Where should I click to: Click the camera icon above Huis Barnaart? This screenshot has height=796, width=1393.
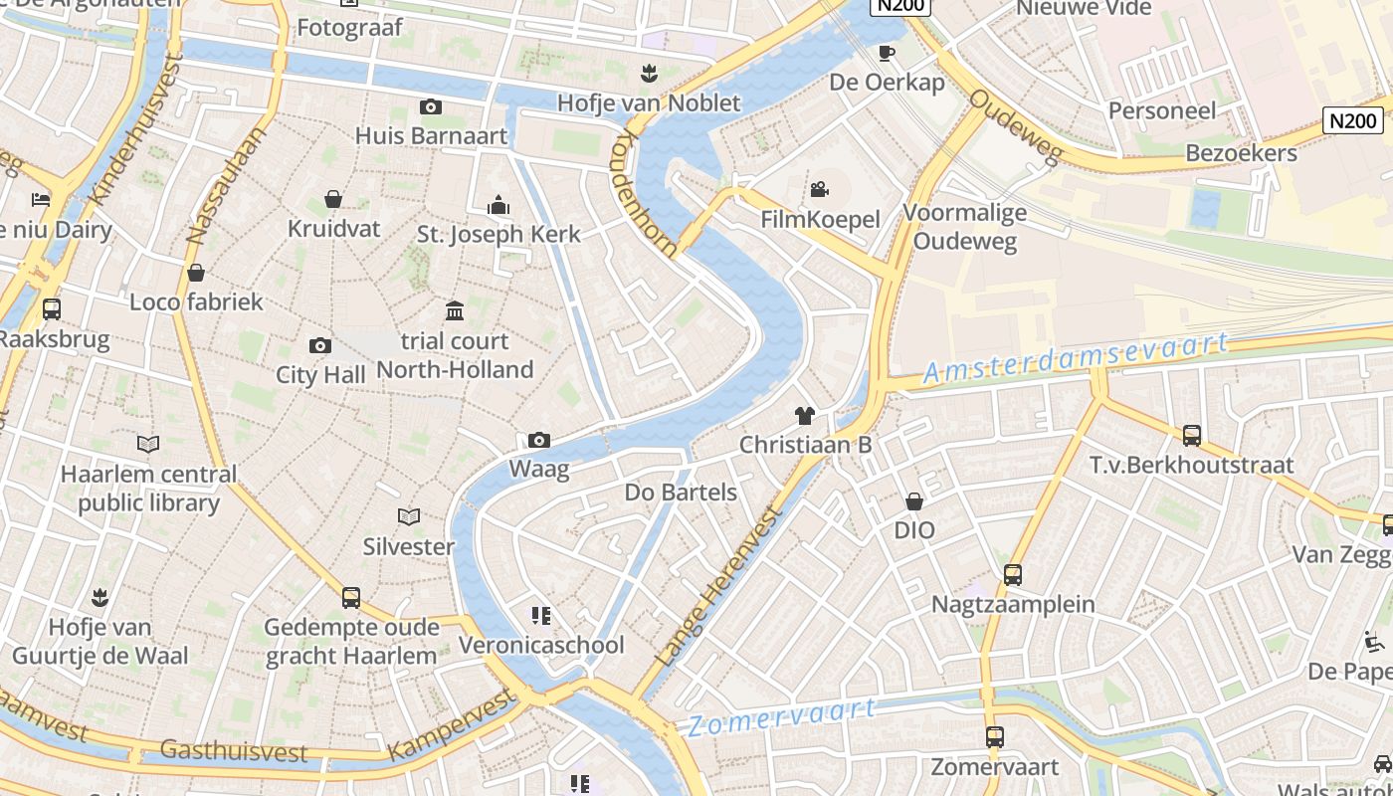point(431,106)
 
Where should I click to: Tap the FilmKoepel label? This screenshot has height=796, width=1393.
point(820,219)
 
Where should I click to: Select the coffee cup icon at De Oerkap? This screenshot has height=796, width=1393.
point(886,53)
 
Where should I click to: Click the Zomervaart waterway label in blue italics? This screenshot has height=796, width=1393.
point(782,716)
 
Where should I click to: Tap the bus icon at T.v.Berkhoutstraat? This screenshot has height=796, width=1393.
point(1191,435)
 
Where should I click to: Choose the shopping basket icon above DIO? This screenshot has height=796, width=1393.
point(913,501)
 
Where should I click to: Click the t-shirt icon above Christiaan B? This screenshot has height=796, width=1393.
point(804,415)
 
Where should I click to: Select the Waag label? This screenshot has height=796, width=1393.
point(539,468)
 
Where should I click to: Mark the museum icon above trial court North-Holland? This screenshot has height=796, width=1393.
point(455,310)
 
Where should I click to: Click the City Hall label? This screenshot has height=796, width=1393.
point(320,375)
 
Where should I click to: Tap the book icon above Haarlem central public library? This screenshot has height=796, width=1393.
point(148,445)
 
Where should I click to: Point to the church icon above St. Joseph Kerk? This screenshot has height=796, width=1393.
point(498,206)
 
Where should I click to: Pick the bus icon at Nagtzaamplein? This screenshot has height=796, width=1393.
point(1012,574)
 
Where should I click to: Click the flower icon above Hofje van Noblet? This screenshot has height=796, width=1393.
point(649,73)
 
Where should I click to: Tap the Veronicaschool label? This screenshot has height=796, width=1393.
point(541,645)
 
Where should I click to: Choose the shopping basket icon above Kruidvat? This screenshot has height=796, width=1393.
point(333,200)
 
